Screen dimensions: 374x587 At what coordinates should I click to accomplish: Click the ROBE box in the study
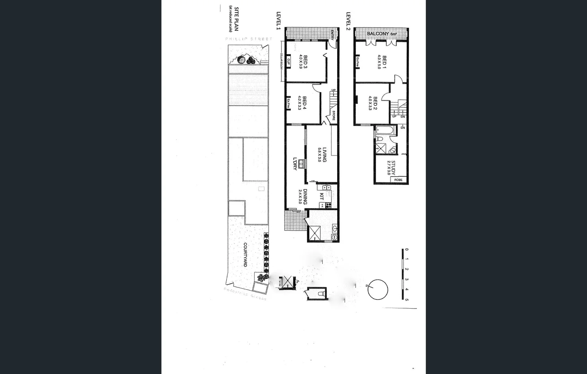click(398, 180)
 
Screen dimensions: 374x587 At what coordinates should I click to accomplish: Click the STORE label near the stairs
click(334, 115)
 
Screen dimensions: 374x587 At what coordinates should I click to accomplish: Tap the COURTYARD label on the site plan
click(245, 255)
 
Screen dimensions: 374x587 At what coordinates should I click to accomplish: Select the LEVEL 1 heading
click(278, 21)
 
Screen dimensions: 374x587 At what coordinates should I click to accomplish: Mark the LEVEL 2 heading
click(348, 21)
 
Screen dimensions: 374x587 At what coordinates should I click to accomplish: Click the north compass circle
click(378, 290)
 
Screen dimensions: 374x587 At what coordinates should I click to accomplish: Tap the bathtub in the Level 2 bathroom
click(385, 131)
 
